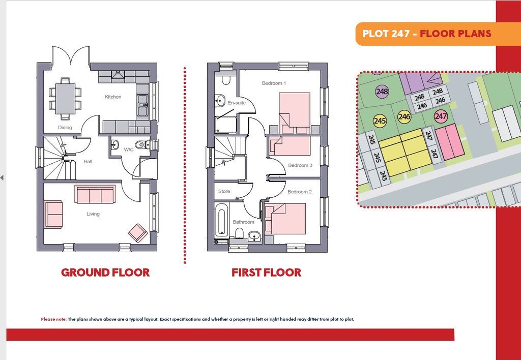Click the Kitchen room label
point(113,97)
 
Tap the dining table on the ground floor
point(65,99)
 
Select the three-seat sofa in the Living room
point(95,195)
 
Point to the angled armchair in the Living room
point(138,233)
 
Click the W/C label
point(129,150)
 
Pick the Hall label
point(88,162)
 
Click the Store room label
point(224,192)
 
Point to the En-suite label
point(237,103)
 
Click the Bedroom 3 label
point(300,165)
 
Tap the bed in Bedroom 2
point(285,219)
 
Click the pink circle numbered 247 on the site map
point(441,116)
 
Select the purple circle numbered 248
point(382,92)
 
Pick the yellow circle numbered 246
point(404,117)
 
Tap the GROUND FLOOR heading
point(105,273)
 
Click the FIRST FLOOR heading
point(267,273)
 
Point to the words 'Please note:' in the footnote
point(54,319)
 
